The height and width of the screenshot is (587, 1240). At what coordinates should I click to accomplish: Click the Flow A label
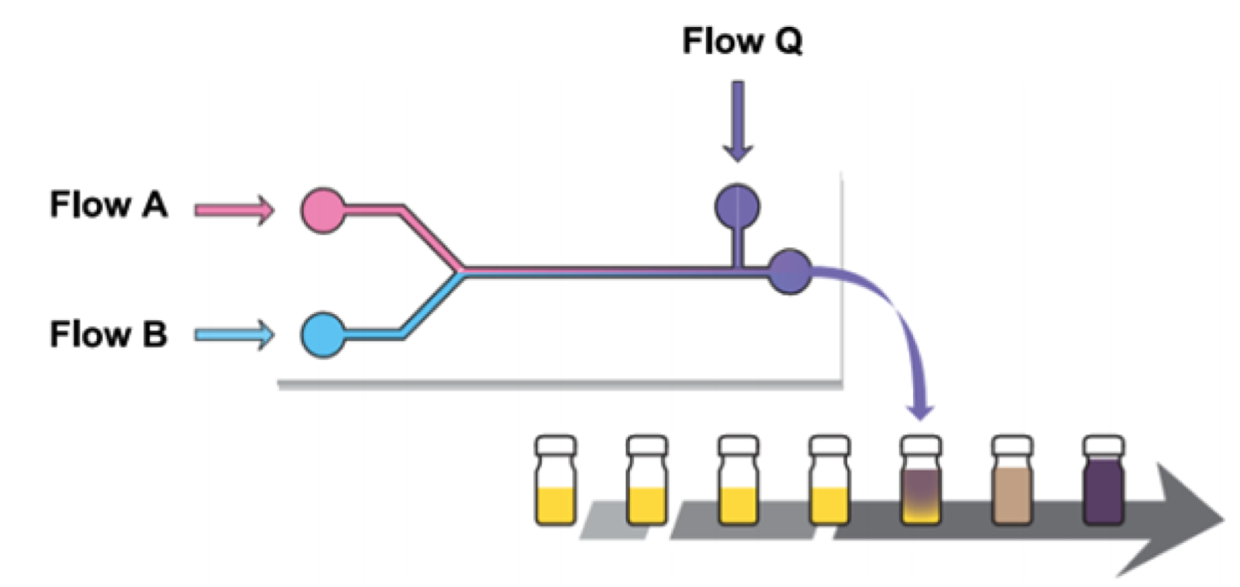pos(108,205)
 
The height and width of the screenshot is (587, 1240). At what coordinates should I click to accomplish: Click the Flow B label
pos(108,335)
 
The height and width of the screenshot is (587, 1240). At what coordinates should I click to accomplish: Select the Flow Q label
pos(742,41)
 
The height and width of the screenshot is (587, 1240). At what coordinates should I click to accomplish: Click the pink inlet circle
pos(323,210)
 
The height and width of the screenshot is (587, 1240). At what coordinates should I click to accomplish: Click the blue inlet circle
pos(323,335)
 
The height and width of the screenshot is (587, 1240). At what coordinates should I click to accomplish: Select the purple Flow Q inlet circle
pos(737,206)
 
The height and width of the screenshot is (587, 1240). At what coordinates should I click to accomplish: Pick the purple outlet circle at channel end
pos(790,271)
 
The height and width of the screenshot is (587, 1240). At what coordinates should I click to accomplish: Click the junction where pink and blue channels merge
pos(463,271)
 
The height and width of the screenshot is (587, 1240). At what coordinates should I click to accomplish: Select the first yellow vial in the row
pos(556,481)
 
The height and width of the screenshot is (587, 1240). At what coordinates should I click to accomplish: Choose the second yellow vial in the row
pos(646,481)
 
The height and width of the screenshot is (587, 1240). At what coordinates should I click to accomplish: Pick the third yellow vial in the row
pos(738,481)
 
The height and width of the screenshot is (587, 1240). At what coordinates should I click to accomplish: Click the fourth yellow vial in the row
pos(829,481)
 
